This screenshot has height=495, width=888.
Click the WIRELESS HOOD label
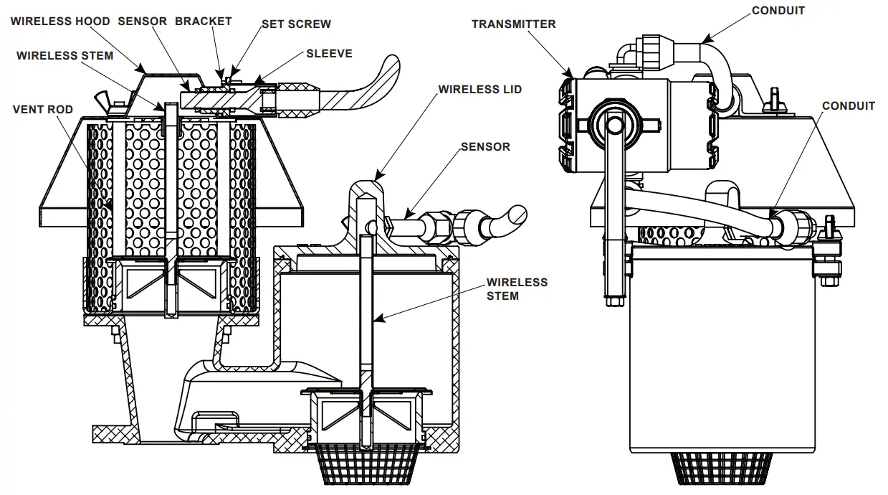60,21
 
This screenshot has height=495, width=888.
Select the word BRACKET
204,21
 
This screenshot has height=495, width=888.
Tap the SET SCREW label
296,24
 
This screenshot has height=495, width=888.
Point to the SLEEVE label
329,53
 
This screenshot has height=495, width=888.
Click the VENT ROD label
43,110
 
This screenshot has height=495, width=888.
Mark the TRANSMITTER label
513,24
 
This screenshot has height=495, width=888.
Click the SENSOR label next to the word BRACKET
142,21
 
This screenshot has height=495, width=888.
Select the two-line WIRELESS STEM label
517,288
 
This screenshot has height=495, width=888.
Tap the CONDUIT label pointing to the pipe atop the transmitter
778,11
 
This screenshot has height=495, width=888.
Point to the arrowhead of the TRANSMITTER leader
570,75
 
